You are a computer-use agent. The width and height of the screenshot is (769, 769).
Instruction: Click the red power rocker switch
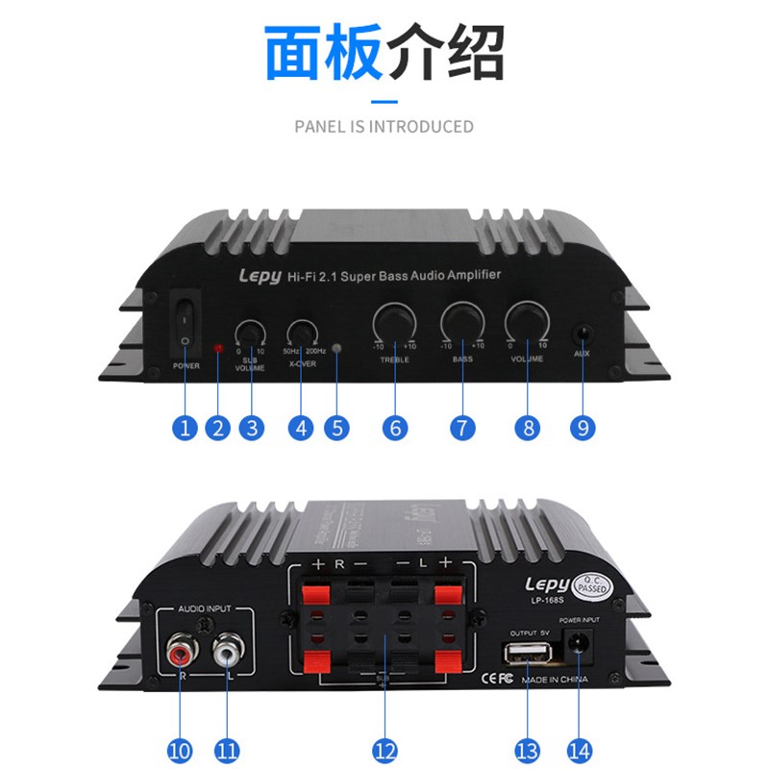(184, 323)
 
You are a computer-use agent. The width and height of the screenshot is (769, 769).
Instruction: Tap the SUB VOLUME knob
(251, 332)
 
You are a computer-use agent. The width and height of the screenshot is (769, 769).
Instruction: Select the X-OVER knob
(302, 332)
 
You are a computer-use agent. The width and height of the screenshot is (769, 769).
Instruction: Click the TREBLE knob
(393, 320)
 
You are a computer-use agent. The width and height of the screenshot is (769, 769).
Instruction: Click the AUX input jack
(582, 335)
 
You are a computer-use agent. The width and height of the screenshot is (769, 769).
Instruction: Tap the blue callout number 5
(335, 429)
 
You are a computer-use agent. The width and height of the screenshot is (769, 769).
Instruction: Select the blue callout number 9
(582, 429)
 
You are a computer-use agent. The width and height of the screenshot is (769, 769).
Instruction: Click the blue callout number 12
(384, 747)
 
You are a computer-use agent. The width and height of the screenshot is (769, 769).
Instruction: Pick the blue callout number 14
(582, 747)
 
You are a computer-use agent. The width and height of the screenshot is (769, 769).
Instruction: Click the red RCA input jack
(180, 655)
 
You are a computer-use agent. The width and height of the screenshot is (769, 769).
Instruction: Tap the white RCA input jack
(226, 655)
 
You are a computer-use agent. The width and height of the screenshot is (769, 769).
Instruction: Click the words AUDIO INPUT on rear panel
(205, 610)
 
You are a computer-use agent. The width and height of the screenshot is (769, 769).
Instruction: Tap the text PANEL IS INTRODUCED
(384, 126)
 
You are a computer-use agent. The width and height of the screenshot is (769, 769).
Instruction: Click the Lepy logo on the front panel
(260, 277)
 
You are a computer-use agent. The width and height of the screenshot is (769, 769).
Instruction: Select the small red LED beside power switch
(218, 345)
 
